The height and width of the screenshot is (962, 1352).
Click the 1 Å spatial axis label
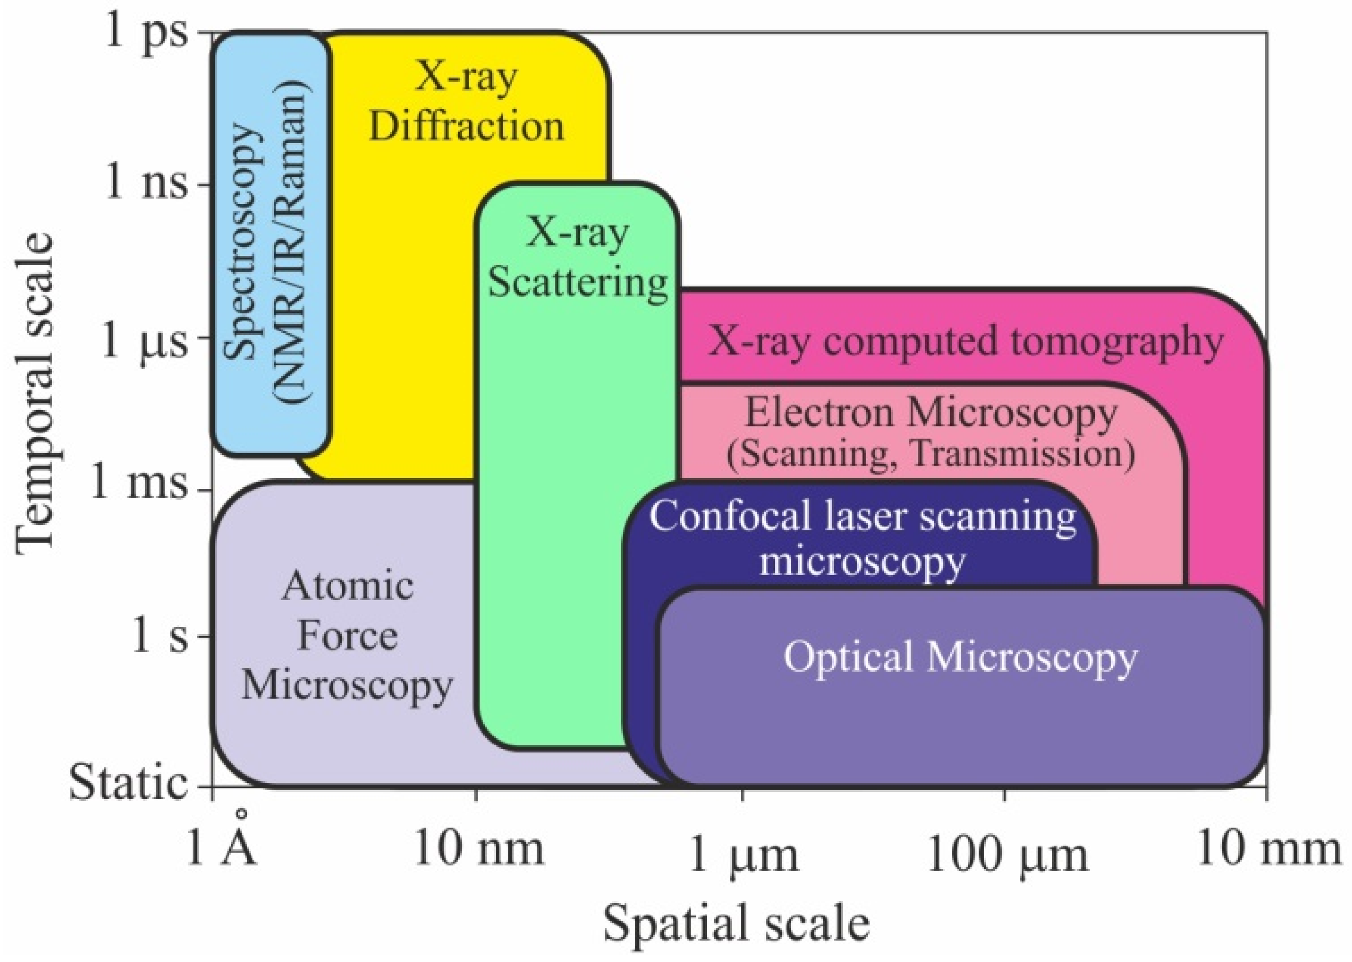click(x=222, y=847)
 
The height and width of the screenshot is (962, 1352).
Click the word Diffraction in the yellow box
click(x=466, y=126)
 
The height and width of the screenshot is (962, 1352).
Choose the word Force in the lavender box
click(x=347, y=636)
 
